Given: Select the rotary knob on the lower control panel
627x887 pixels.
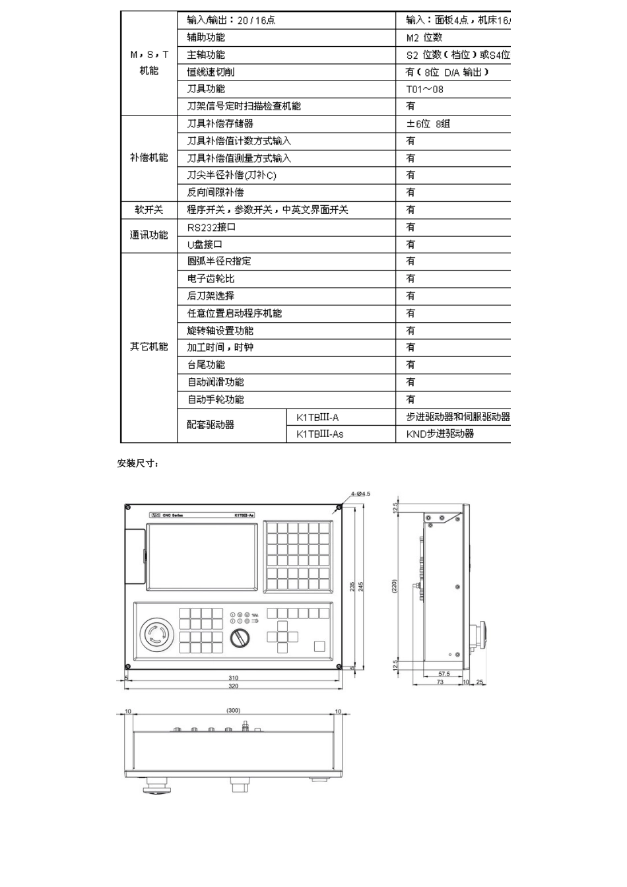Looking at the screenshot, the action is coord(238,638).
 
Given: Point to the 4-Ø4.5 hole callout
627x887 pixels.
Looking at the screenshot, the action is coord(360,493).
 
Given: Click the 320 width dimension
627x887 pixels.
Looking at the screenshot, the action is coord(233,686).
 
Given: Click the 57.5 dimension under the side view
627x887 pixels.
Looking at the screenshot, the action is coord(444,674).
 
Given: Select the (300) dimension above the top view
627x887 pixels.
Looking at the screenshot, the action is coord(233,711).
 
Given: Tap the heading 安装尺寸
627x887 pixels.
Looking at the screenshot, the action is coord(137,463).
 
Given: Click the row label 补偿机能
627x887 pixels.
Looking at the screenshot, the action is coord(148,158).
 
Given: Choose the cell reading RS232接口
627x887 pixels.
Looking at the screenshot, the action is coord(211,227).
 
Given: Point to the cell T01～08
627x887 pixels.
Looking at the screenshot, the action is coord(424,89).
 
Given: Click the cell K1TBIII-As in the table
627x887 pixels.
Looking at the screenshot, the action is coord(319,434).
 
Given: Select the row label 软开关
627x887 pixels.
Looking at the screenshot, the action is coord(148,210).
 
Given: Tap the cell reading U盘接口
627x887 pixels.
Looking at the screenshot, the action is coord(205,244).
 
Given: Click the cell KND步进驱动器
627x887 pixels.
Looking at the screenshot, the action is coord(440,434).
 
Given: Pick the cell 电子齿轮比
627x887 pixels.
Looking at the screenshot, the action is coord(211,279).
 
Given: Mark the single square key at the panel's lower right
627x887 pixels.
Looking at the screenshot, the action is coord(319,647).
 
